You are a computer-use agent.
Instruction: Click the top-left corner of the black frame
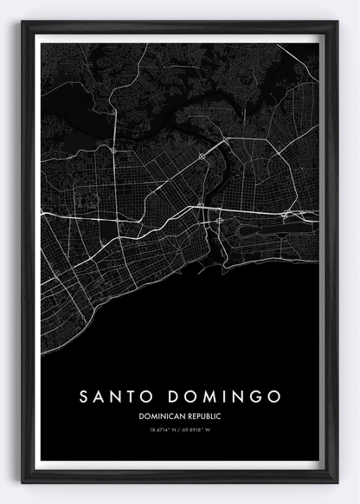(x=23, y=22)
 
